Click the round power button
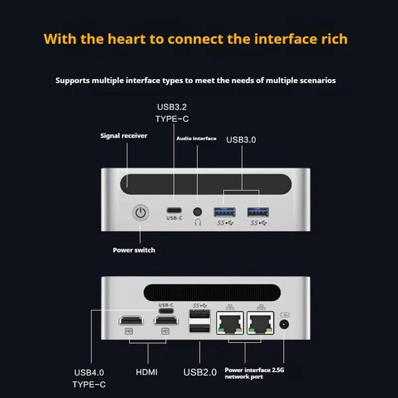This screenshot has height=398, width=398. tap(140, 214)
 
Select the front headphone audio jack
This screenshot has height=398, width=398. tap(197, 212)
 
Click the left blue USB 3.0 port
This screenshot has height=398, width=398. tap(223, 212)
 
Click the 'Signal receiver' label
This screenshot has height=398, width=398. tap(124, 136)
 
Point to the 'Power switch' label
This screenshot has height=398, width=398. tap(134, 250)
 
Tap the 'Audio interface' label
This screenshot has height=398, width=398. tap(196, 138)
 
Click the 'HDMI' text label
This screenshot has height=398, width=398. tap(147, 372)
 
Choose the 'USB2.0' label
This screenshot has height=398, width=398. tap(200, 372)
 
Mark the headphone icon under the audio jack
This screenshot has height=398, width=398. tap(197, 223)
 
